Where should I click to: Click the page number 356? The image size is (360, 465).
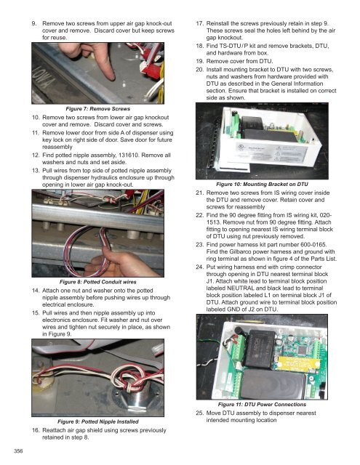point(18,451)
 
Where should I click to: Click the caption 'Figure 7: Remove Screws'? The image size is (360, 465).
point(98,109)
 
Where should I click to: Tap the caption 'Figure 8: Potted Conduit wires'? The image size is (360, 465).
point(98,282)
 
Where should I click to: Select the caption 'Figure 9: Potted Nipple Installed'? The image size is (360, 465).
point(98,421)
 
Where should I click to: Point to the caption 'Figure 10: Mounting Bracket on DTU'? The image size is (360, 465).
point(262,184)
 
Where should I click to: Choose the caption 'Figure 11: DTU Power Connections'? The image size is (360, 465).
point(262,405)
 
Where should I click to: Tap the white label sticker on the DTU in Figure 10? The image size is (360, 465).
point(271,152)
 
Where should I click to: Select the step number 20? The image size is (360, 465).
point(200,70)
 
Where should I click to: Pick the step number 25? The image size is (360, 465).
point(200,413)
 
